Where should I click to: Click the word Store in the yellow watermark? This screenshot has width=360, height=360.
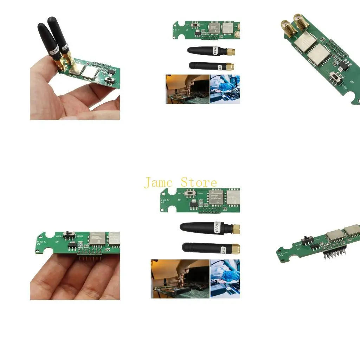click(x=199, y=182)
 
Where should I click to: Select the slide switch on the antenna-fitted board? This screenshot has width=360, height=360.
click(x=109, y=81)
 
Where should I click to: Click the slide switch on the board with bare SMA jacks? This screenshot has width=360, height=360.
click(x=339, y=78)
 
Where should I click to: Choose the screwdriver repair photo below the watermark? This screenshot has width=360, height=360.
click(x=180, y=279)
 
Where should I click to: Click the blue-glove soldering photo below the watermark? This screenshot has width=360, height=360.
click(x=225, y=279)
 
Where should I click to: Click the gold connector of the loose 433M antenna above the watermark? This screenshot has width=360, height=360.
click(x=231, y=52)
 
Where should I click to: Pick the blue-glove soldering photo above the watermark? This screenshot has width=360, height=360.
click(x=225, y=89)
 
